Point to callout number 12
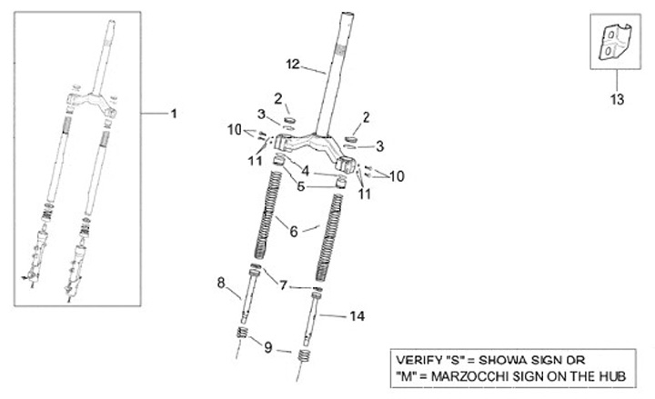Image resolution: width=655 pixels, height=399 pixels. (293, 64)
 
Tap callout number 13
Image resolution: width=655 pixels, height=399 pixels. (617, 100)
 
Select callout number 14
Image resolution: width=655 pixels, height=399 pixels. (358, 316)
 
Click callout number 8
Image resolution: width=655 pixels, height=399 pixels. (220, 283)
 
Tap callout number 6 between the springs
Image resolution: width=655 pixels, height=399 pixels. (293, 231)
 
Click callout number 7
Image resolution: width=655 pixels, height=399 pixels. (284, 285)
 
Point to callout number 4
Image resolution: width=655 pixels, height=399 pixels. (306, 170)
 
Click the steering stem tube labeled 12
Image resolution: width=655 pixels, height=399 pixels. (347, 64)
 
